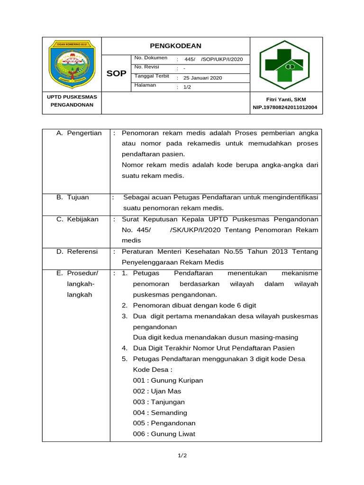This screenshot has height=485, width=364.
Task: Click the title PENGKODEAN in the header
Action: [x=175, y=45]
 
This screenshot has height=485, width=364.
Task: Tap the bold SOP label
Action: [x=116, y=73]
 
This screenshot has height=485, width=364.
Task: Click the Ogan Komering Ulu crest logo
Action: [x=73, y=64]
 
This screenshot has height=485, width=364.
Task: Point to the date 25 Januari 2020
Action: [x=202, y=78]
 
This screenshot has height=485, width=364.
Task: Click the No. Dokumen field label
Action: [x=151, y=58]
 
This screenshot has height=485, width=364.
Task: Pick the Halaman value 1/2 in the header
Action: [x=187, y=87]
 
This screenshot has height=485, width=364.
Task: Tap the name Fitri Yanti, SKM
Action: [x=286, y=99]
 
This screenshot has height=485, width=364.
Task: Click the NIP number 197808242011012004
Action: [x=286, y=108]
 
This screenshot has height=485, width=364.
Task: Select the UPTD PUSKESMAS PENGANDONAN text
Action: [x=72, y=101]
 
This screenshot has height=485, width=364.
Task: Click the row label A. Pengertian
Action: [x=79, y=133]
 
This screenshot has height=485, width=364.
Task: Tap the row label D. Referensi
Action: [x=77, y=251]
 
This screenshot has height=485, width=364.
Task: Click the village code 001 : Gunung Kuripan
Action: [x=168, y=380]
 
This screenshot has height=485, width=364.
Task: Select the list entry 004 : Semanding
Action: [x=160, y=413]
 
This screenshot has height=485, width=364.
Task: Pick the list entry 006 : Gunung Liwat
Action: [x=164, y=434]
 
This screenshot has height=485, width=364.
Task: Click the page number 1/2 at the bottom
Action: [x=182, y=456]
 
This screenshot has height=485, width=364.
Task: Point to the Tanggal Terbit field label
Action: [x=152, y=76]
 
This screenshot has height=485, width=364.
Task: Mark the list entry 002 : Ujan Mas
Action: [x=157, y=391]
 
